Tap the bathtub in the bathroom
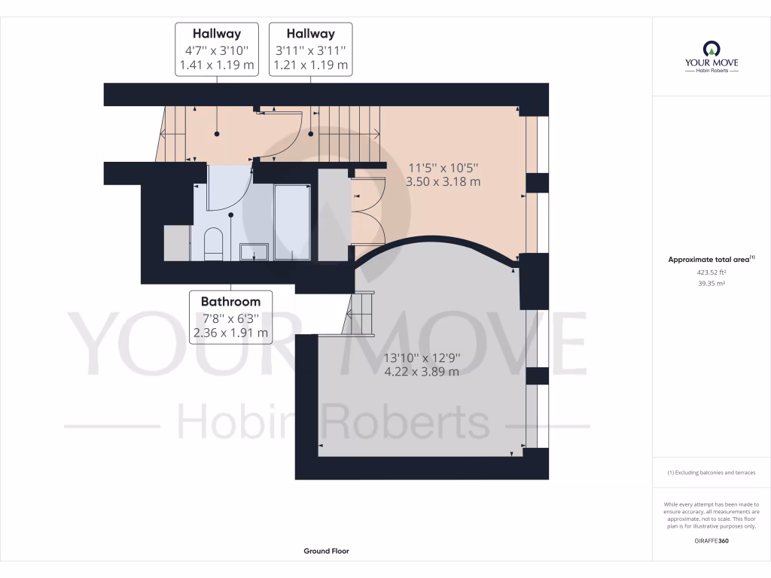click(292, 221)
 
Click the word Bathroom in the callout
click(230, 302)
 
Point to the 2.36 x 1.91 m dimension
click(230, 332)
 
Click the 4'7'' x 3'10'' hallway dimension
click(217, 50)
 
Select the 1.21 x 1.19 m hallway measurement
click(311, 65)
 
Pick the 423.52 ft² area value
click(711, 273)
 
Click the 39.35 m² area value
click(711, 284)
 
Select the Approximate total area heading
click(709, 260)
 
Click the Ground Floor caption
click(326, 551)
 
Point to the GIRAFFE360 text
click(711, 540)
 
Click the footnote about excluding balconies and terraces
click(711, 473)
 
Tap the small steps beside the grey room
click(361, 314)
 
